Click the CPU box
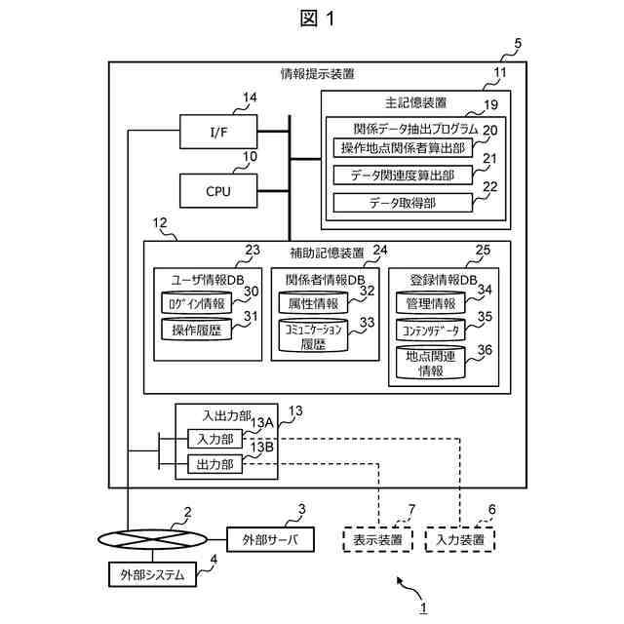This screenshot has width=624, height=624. coord(218,190)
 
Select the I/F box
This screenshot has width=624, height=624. coord(218,132)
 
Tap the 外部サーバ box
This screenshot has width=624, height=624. coord(270,539)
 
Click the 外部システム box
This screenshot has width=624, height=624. coord(151,574)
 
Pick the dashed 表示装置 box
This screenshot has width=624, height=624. coord(377,539)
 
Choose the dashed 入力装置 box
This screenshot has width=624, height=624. coord(459,539)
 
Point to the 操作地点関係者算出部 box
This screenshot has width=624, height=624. coord(402,148)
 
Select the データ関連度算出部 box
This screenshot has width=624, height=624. coord(402,175)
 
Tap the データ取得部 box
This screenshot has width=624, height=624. coord(402,203)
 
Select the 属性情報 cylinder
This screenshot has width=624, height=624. coord(313,303)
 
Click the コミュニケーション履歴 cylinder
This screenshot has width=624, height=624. coord(313,335)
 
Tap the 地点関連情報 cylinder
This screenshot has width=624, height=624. coord(430,363)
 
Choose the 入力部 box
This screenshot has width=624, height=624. coord(214,439)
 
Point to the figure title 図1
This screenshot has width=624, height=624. coord(311,20)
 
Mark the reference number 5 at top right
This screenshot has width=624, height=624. coord(517,44)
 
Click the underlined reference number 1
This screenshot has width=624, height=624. coord(422,607)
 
